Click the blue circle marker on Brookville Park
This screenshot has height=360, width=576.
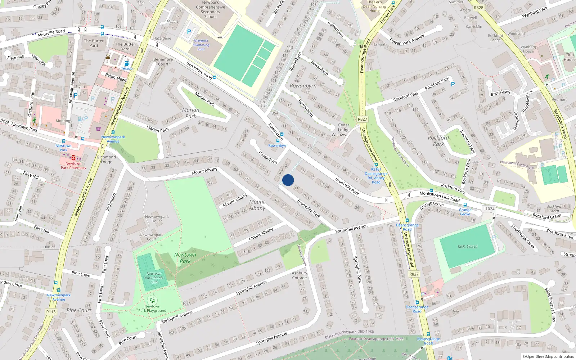[x=288, y=180]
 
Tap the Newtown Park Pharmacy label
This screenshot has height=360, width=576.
[x=73, y=166]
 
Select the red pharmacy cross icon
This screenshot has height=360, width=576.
[x=73, y=158]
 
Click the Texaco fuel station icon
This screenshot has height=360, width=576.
[x=127, y=63]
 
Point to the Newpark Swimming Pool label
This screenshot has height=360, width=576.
[x=201, y=45]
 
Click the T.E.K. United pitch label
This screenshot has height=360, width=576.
[x=467, y=247]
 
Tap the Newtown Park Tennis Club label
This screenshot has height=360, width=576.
[x=154, y=278]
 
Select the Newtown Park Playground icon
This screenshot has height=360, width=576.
[x=152, y=300]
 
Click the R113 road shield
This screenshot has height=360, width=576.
[x=51, y=312]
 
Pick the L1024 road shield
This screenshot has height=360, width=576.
[x=489, y=209]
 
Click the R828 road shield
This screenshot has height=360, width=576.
[x=478, y=8]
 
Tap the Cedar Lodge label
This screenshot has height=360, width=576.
[x=343, y=127]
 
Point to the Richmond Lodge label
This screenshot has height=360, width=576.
[x=107, y=159]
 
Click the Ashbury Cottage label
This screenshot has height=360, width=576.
[x=300, y=275]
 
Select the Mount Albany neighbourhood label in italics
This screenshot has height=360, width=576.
[x=257, y=205]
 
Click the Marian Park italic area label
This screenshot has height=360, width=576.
[x=191, y=113]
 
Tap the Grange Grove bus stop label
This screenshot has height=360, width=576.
[x=465, y=212]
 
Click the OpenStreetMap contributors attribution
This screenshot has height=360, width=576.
[x=548, y=357]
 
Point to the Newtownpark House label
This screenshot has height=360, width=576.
[x=157, y=219]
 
